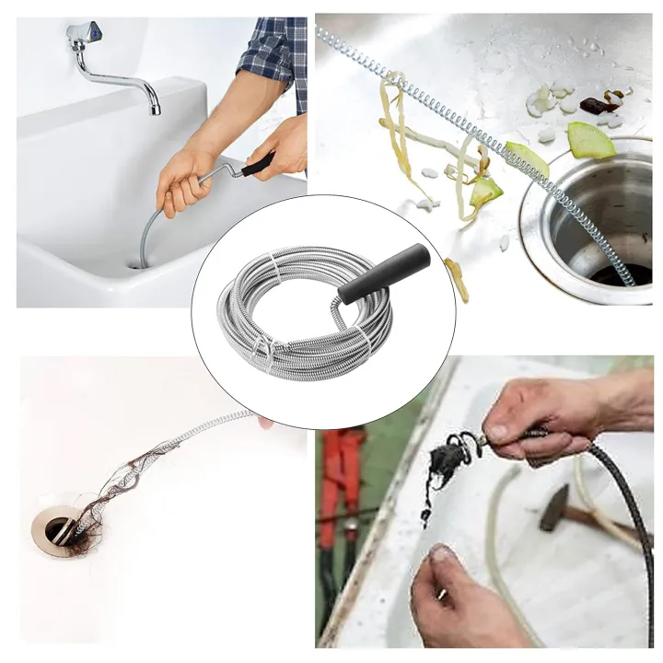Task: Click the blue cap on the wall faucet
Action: (x=90, y=34)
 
